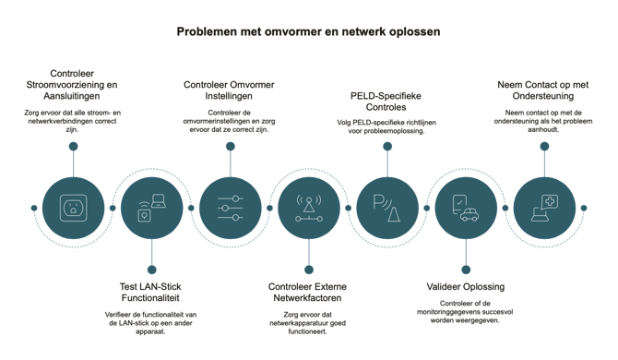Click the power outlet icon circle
(x=73, y=208)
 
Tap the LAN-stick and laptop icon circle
(x=152, y=208)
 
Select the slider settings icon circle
(x=231, y=208)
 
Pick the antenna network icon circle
(x=309, y=208)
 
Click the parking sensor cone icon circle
(x=387, y=208)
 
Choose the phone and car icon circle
(x=466, y=208)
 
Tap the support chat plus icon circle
(x=545, y=208)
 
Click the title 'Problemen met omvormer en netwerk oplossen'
(x=308, y=31)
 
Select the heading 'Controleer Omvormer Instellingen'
(x=229, y=90)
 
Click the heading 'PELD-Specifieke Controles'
(x=386, y=102)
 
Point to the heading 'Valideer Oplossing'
(x=466, y=287)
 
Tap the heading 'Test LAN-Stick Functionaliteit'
(x=150, y=293)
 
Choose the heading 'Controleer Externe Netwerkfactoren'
(x=307, y=293)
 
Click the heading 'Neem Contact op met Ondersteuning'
(x=543, y=90)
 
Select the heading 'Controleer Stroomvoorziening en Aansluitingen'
(x=72, y=85)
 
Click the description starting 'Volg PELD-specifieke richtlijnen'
(x=386, y=126)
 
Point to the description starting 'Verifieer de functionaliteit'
(x=150, y=323)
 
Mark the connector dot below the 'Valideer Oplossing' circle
(x=466, y=270)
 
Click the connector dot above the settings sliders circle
(x=231, y=146)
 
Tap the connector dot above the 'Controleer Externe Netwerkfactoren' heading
(x=309, y=270)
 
